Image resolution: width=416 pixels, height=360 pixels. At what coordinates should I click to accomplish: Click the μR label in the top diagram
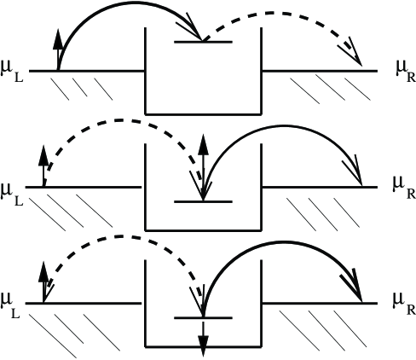[x=402, y=68]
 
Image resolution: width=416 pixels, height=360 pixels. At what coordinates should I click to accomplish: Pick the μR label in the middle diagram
[x=402, y=183]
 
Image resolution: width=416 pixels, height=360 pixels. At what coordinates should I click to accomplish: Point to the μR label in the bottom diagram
[x=402, y=300]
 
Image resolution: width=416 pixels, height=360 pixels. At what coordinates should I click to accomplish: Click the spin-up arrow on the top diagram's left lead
[x=58, y=49]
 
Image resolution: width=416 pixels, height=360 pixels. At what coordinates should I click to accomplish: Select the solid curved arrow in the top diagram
[x=128, y=12]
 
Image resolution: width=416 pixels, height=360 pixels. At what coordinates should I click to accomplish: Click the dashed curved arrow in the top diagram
[x=290, y=14]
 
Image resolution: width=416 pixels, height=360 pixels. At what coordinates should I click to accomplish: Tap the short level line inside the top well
[x=203, y=41]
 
